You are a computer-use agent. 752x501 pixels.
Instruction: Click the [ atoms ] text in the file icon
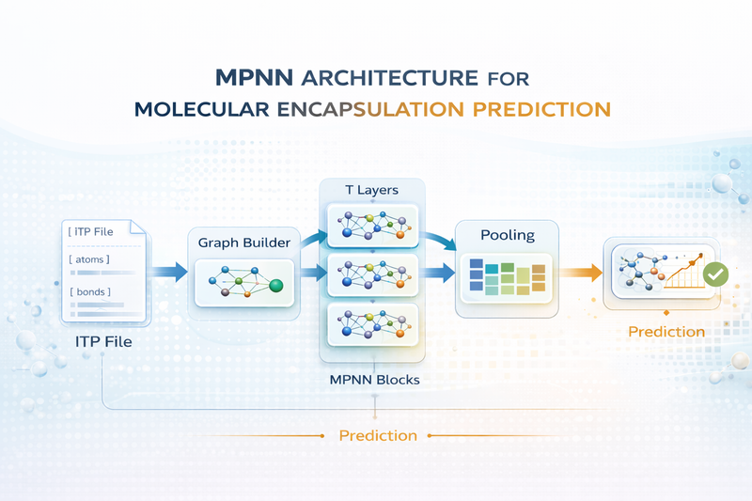[x=89, y=258]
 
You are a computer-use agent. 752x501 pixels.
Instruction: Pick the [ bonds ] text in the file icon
[x=89, y=292]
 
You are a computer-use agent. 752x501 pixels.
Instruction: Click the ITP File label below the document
[x=103, y=342]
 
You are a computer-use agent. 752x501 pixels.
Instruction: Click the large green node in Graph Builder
[x=275, y=286]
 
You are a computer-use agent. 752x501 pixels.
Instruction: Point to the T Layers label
[x=371, y=190]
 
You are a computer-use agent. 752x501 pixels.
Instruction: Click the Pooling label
[x=508, y=234]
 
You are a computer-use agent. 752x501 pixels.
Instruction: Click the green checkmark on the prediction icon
[x=715, y=274]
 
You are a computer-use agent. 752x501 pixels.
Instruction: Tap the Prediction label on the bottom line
[x=377, y=435]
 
